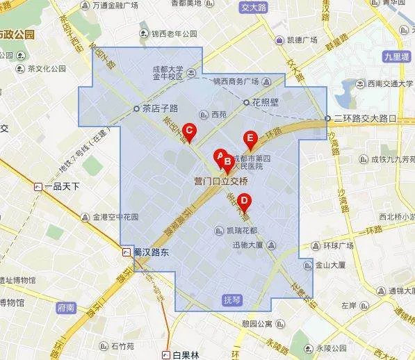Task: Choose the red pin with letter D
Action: pos(243,202)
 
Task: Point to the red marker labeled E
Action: pos(250,138)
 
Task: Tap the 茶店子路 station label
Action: pos(160,108)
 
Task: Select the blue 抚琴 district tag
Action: pos(231,300)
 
